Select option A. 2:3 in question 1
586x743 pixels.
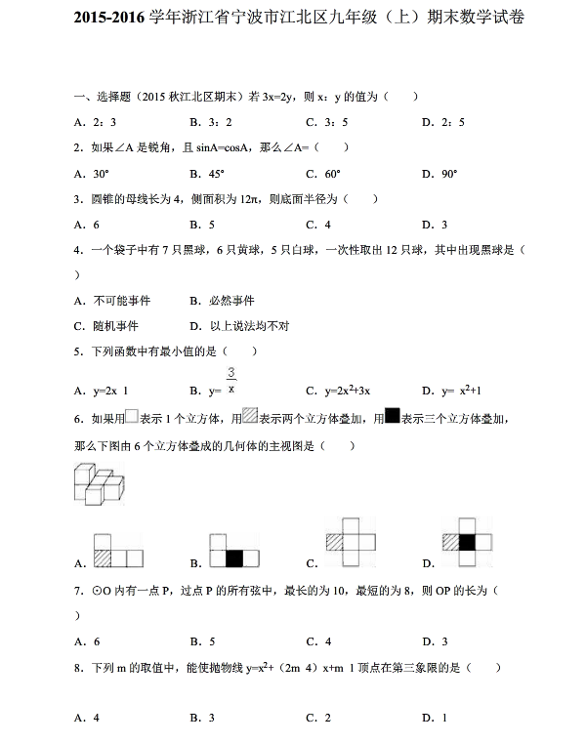click(x=96, y=122)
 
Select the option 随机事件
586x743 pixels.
click(x=105, y=325)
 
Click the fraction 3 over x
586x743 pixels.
click(x=231, y=382)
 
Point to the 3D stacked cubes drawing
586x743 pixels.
click(x=100, y=485)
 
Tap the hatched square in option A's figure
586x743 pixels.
click(x=103, y=558)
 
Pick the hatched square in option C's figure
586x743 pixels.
click(x=337, y=543)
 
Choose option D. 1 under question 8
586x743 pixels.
click(x=435, y=718)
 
